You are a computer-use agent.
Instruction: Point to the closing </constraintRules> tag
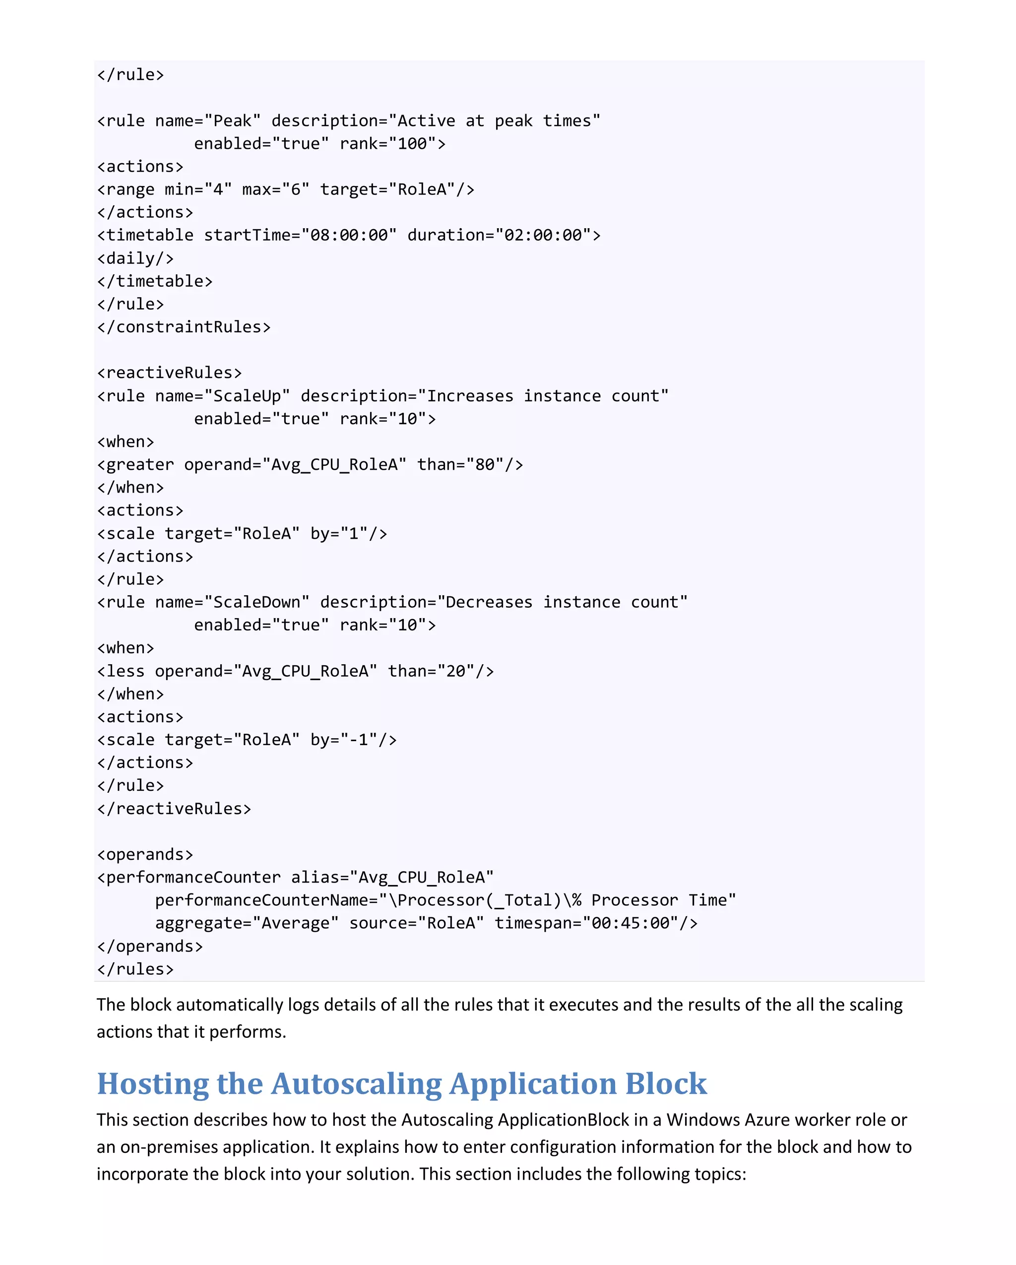184,327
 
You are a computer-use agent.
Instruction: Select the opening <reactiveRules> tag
170,373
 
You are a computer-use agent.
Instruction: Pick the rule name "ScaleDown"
257,603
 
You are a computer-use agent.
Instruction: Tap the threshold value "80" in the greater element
485,465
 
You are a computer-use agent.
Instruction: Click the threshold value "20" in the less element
456,671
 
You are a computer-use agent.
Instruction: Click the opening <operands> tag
145,854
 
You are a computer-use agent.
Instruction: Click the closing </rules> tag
135,969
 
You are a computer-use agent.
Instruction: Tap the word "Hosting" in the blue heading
152,1084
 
